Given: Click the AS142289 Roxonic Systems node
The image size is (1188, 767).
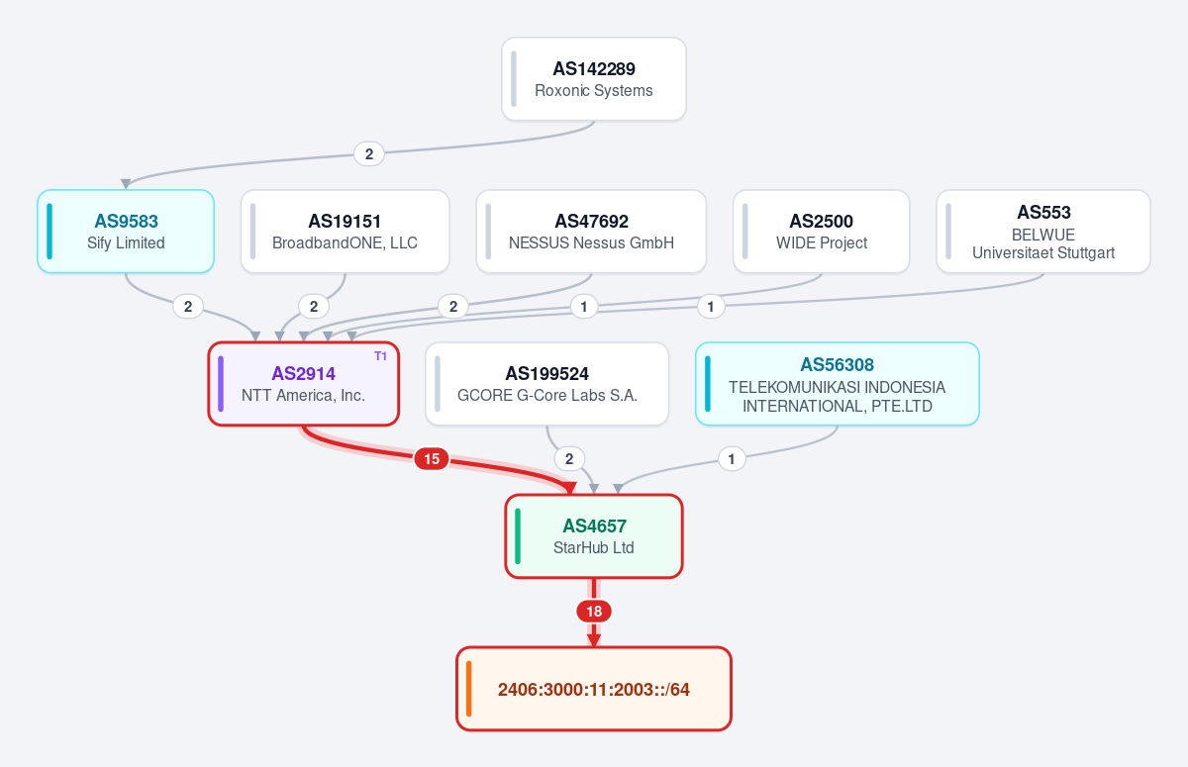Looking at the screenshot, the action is coord(593,79).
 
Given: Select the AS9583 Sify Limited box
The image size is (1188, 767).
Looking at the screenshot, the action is coord(126,232).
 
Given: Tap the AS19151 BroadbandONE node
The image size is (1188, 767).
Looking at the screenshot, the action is coord(345,232).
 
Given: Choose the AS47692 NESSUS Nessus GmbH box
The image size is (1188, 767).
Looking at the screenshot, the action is coord(591,232).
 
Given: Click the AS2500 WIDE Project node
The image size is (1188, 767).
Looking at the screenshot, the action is coord(821,232).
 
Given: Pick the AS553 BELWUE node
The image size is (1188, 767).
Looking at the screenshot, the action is coord(1043,232).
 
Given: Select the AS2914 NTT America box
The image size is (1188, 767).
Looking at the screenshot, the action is coord(303,384).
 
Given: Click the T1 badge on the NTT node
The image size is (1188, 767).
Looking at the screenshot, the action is coord(380,356).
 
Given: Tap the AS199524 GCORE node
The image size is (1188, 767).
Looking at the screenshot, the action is coord(546,384).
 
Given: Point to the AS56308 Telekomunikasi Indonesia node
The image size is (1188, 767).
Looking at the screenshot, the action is coord(837,384).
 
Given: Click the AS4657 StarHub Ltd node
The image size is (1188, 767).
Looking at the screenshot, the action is coord(593,535).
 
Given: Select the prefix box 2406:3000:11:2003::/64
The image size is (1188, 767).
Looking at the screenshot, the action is coord(593,689).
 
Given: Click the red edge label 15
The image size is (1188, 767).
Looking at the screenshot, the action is coord(432,458).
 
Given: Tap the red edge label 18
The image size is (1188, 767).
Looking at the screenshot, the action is coord(594,612).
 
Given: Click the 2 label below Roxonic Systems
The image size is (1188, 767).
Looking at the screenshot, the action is coord(369,154).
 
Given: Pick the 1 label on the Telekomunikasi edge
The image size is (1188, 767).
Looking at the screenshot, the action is coord(732,458).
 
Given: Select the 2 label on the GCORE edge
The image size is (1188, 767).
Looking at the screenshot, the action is coord(569,458).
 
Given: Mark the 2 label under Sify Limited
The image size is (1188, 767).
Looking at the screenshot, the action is coord(188,307).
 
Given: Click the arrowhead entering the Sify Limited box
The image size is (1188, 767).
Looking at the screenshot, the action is coord(126,184).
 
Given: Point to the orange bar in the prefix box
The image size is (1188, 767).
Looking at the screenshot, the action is coord(469,689).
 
